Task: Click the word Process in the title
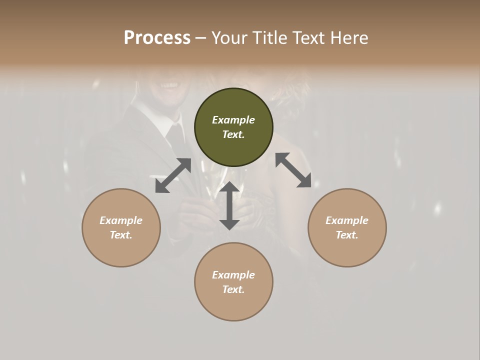(x=157, y=38)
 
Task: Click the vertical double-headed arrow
(x=229, y=206)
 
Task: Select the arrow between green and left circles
(x=173, y=175)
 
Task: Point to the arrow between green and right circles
(x=293, y=170)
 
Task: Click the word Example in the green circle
(x=233, y=120)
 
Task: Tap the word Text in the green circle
(x=233, y=134)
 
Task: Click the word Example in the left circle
(x=121, y=220)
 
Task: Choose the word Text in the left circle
(x=120, y=235)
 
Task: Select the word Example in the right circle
(x=347, y=220)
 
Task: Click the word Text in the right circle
(x=346, y=235)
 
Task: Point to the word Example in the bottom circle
(x=233, y=275)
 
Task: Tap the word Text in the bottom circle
(x=233, y=289)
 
